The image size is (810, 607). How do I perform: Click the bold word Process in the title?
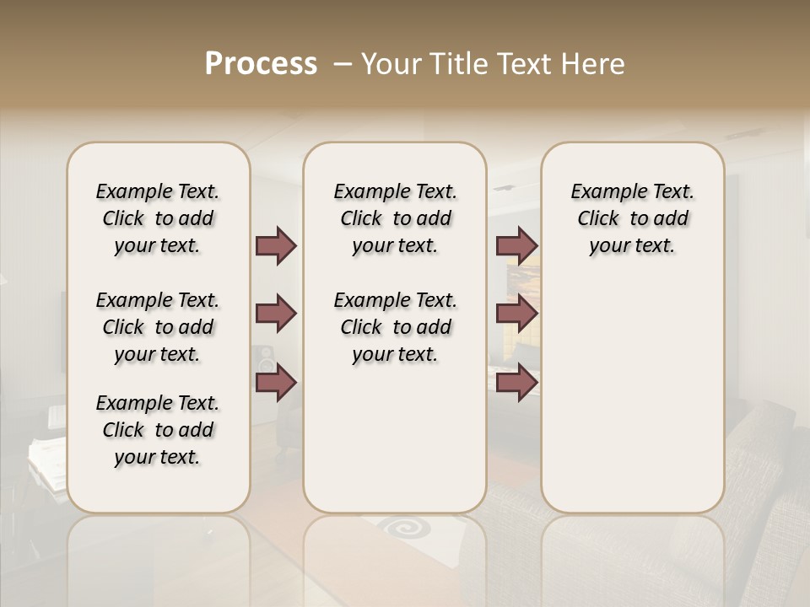pos(261,64)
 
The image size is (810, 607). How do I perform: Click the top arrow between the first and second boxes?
pos(276,245)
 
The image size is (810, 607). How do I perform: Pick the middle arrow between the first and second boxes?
pos(276,314)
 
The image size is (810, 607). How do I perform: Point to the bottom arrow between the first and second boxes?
pos(276,383)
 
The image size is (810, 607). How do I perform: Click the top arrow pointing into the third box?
pos(516,245)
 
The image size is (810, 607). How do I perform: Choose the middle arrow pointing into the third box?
pos(516,314)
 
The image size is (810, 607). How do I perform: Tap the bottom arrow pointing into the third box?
pos(516,383)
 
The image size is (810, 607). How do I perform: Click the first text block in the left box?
pos(158,218)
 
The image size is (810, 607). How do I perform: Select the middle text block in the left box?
pos(158,327)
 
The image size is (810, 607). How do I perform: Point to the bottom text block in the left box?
pos(158,430)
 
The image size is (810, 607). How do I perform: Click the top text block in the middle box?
pos(395,218)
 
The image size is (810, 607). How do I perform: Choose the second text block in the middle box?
pos(395,327)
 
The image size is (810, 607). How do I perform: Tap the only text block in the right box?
pos(632,218)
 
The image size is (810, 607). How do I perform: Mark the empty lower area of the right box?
pos(632,396)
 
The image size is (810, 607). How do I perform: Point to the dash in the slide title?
pos(342,64)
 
